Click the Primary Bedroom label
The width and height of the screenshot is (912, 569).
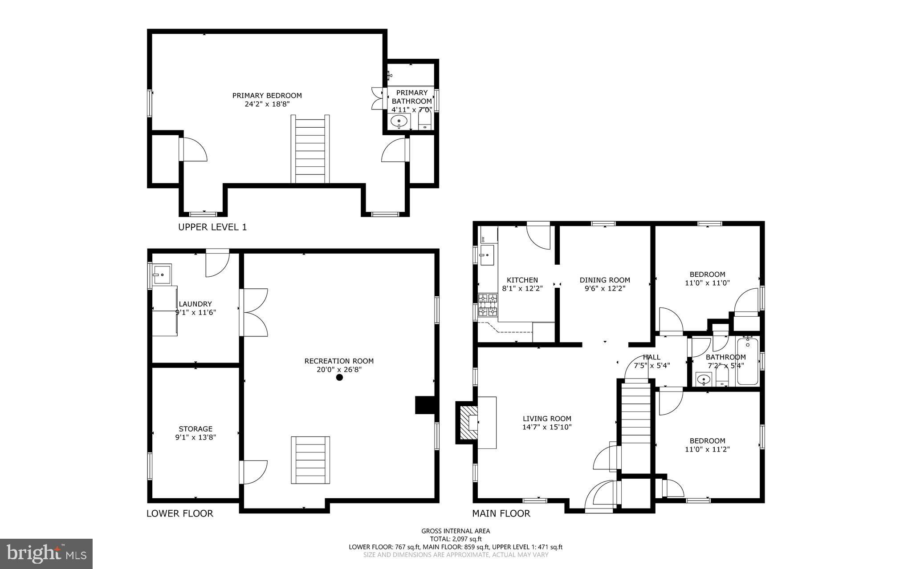pyautogui.click(x=267, y=96)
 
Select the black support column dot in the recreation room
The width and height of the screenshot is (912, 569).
pyautogui.click(x=339, y=377)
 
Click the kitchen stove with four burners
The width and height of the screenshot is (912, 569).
pyautogui.click(x=488, y=305)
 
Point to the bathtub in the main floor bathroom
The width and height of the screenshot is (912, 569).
pyautogui.click(x=748, y=362)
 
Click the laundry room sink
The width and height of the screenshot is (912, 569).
pyautogui.click(x=161, y=274)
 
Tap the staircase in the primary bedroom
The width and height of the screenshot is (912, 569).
pyautogui.click(x=310, y=149)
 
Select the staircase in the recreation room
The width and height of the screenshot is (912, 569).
pyautogui.click(x=310, y=460)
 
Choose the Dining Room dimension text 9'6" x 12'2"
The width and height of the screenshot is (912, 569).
pyautogui.click(x=605, y=288)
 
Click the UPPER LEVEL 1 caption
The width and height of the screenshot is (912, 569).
pyautogui.click(x=212, y=227)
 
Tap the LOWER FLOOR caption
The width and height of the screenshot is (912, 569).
pyautogui.click(x=180, y=513)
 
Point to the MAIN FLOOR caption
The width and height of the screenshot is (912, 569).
pyautogui.click(x=501, y=513)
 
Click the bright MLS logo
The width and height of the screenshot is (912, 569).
pyautogui.click(x=46, y=553)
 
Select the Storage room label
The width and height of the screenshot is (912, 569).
pyautogui.click(x=195, y=429)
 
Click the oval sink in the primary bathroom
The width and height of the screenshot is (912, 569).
pyautogui.click(x=399, y=121)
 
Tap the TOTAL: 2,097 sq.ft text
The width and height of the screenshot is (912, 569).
pyautogui.click(x=456, y=539)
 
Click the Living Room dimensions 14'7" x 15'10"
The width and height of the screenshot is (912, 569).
pyautogui.click(x=547, y=427)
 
